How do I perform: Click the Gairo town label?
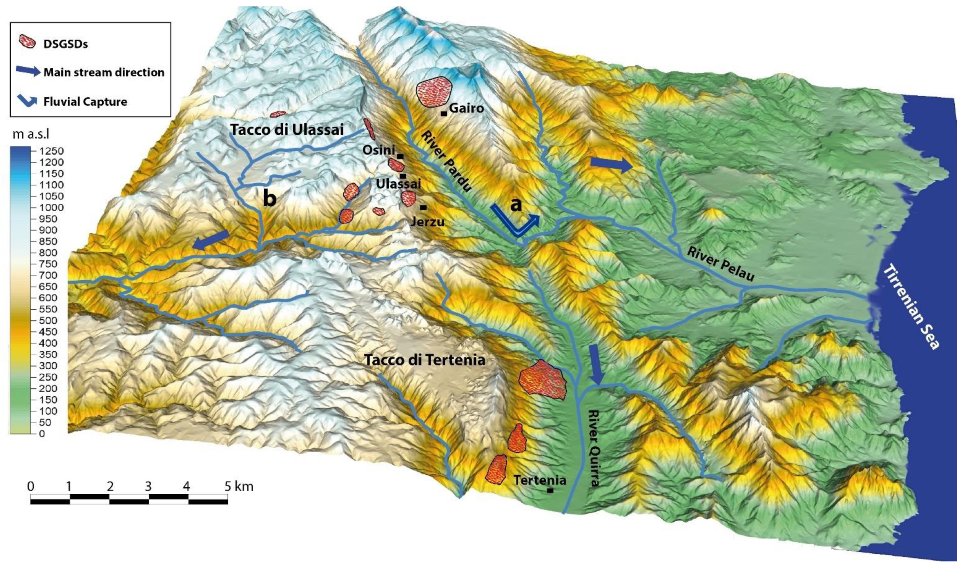(466, 108)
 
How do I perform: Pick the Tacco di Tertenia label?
(425, 360)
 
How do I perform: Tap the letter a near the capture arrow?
(516, 205)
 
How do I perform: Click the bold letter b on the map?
(269, 199)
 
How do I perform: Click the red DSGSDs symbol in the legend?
(28, 41)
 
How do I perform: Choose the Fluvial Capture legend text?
(85, 102)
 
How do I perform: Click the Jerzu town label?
(428, 221)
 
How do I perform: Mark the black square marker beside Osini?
(400, 156)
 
